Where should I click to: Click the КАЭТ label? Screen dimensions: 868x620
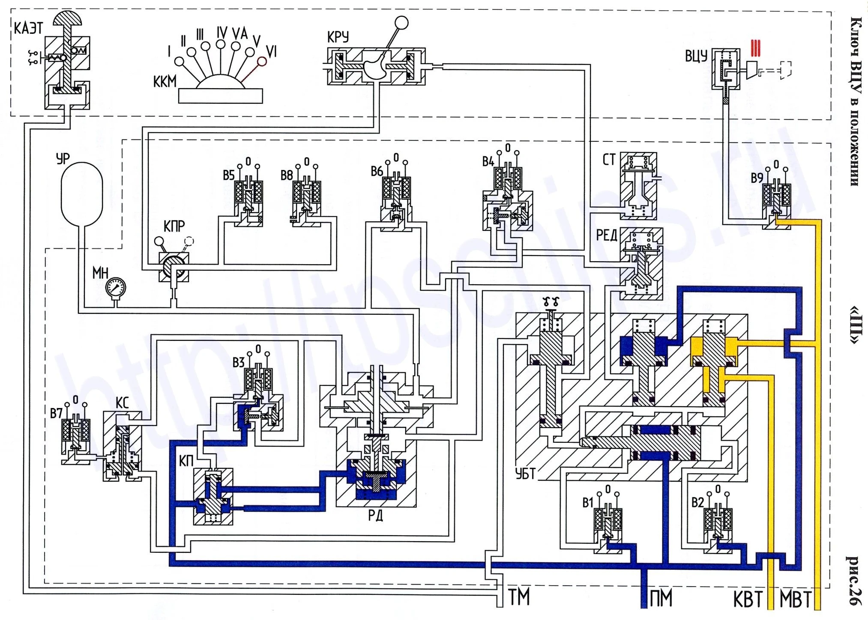tap(28, 28)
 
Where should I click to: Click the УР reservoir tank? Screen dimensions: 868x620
tap(82, 193)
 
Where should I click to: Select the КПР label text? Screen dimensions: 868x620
tap(174, 226)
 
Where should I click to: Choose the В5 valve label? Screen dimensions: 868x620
tap(229, 175)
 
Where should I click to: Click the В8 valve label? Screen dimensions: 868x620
tap(287, 175)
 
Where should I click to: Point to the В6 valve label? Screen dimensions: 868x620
tap(377, 171)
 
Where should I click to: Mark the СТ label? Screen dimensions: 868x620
tap(609, 160)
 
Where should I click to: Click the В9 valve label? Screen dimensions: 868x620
tap(757, 178)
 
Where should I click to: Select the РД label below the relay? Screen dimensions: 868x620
tap(376, 516)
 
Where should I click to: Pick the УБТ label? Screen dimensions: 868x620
tap(525, 473)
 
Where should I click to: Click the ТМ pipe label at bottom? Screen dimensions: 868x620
tap(519, 597)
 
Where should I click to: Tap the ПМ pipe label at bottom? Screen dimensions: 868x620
tap(661, 598)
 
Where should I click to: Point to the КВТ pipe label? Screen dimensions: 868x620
tap(748, 599)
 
